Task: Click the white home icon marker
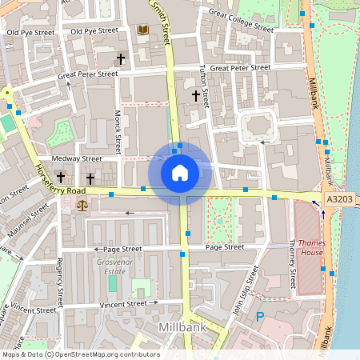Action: [x=180, y=172]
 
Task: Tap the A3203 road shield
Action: [x=338, y=199]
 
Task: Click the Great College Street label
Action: [x=241, y=19]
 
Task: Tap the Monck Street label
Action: [x=118, y=132]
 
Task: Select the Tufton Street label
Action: [x=205, y=86]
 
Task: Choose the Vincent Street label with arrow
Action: [x=124, y=305]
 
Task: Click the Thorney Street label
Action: [x=292, y=266]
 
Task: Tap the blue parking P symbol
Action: [x=259, y=317]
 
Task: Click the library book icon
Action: [x=143, y=30]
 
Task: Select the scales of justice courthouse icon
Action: [x=81, y=206]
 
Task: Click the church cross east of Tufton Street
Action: [x=195, y=96]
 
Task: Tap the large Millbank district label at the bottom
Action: [x=183, y=328]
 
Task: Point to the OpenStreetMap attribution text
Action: [x=80, y=354]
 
